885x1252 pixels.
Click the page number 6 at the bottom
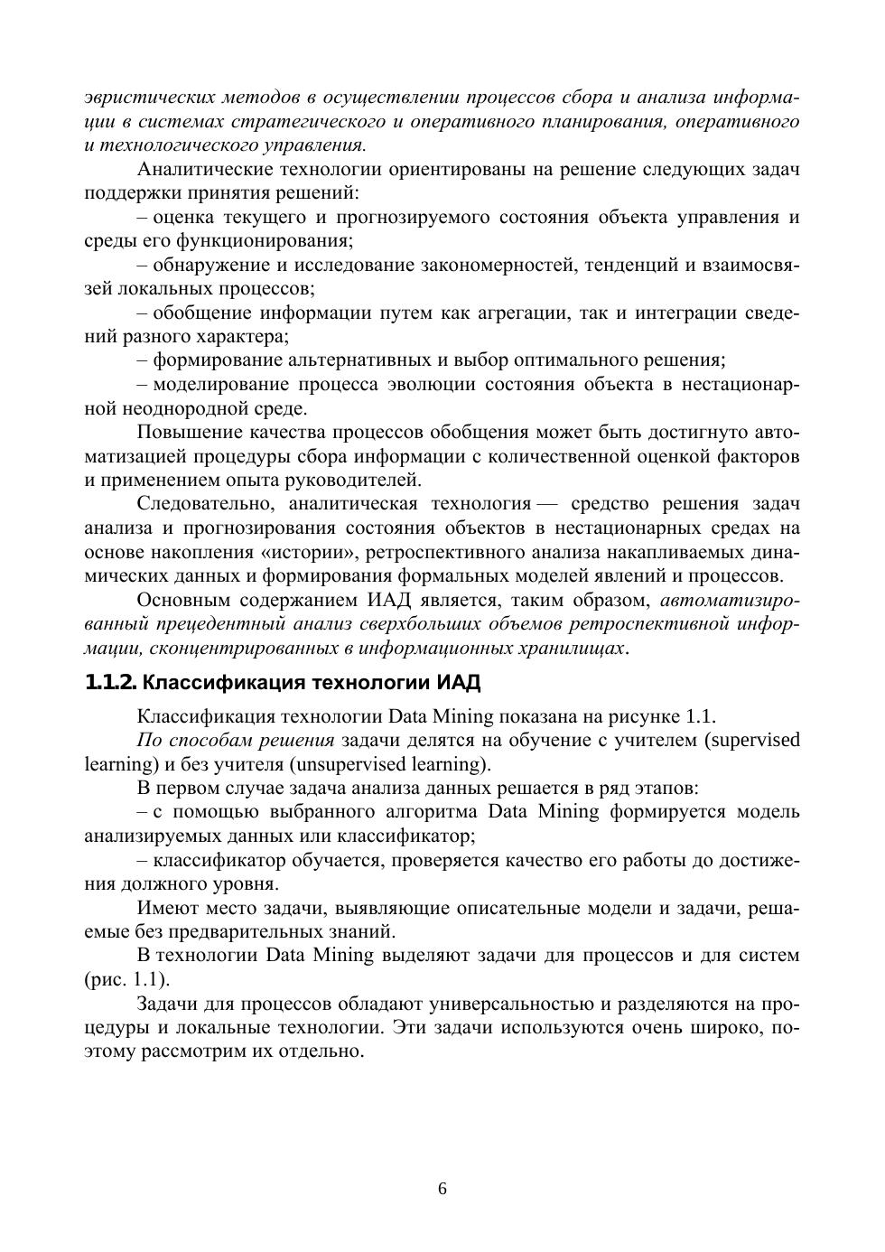[x=442, y=1189]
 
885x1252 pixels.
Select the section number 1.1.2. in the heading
[x=111, y=681]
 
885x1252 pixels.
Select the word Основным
[x=182, y=600]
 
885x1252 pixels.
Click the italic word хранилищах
[x=573, y=649]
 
